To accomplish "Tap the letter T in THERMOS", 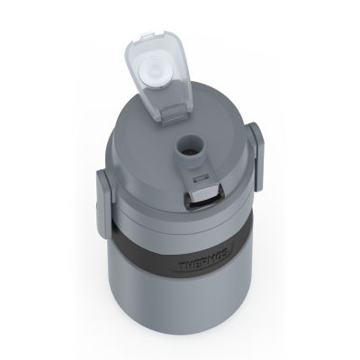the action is coord(183,266).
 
